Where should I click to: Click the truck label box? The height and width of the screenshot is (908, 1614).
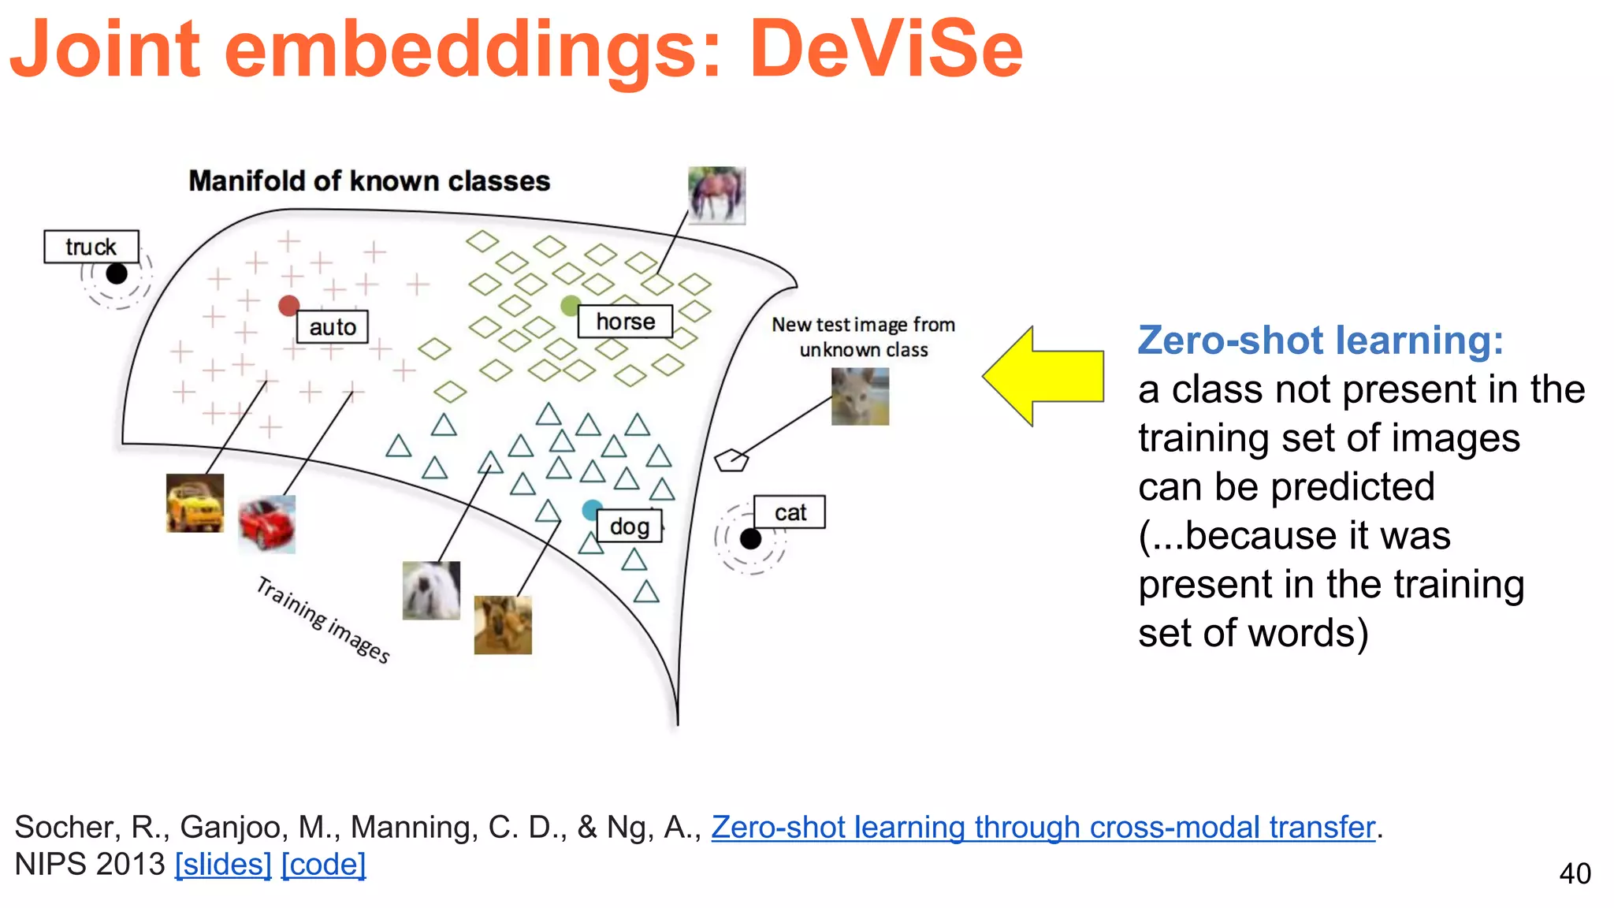(x=91, y=247)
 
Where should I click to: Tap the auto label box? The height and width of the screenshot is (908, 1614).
(x=333, y=326)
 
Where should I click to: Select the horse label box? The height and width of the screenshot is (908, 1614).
(x=626, y=322)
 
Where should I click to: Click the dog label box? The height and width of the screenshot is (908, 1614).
(x=629, y=526)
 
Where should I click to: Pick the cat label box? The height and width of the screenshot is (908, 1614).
(x=790, y=512)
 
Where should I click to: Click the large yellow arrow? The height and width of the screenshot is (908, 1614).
(x=1044, y=377)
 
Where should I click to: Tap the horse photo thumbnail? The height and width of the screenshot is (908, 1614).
(x=716, y=195)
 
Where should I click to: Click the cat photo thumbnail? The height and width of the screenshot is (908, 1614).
(x=860, y=396)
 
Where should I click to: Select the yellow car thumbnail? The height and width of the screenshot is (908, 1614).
(x=195, y=503)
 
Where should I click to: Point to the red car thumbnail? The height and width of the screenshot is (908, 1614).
(x=267, y=524)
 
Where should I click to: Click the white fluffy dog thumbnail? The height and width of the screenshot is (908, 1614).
(x=431, y=590)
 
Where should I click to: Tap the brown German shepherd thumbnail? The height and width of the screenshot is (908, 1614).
(x=503, y=625)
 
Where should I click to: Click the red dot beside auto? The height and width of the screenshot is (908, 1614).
(x=289, y=306)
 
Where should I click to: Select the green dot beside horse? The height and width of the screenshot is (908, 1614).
(x=571, y=305)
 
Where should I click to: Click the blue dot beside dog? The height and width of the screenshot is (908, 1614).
(x=592, y=510)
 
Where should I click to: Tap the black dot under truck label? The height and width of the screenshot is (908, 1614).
(x=117, y=274)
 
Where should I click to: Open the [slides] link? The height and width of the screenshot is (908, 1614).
(x=223, y=865)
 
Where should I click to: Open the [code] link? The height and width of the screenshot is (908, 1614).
(x=323, y=865)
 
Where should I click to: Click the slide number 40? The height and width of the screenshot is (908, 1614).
(x=1575, y=873)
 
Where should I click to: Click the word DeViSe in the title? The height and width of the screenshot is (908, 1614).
(x=885, y=49)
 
